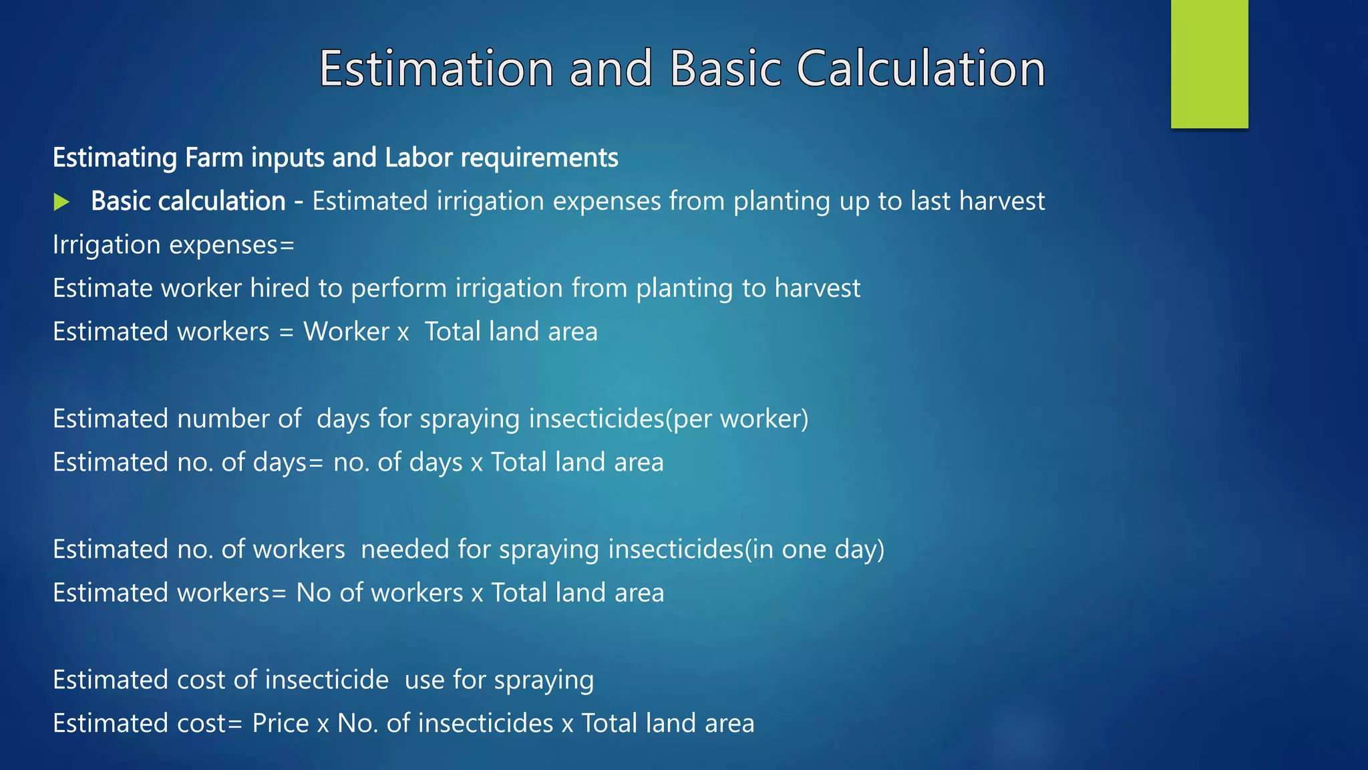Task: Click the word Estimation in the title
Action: pyautogui.click(x=436, y=68)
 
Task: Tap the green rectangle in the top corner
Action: pyautogui.click(x=1209, y=63)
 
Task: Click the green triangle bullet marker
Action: pyautogui.click(x=61, y=202)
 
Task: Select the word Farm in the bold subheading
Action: pyautogui.click(x=214, y=158)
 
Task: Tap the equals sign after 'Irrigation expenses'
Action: pyautogui.click(x=287, y=245)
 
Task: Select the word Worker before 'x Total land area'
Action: pyautogui.click(x=346, y=332)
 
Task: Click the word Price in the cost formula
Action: pyautogui.click(x=281, y=723)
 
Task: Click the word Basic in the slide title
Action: pyautogui.click(x=725, y=68)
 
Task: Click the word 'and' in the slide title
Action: pyautogui.click(x=611, y=68)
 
